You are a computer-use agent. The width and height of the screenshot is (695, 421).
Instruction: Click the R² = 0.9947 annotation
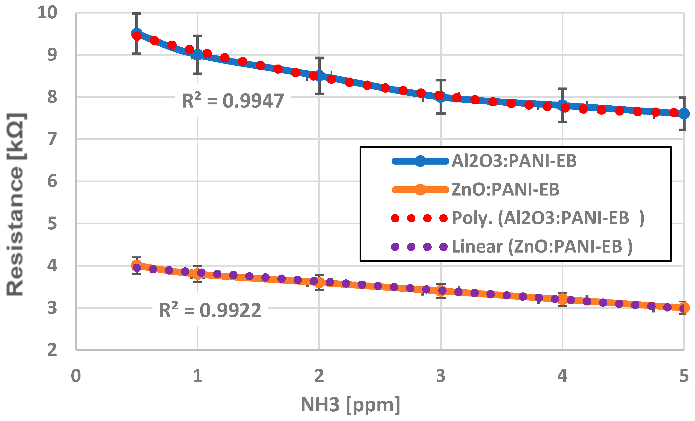click(x=233, y=101)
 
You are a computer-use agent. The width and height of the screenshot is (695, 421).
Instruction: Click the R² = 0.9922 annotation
click(x=210, y=310)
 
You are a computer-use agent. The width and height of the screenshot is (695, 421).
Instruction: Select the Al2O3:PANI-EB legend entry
click(x=514, y=161)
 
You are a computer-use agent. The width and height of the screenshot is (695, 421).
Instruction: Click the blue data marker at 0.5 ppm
click(x=137, y=34)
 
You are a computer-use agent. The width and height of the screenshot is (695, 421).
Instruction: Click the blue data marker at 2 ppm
click(x=319, y=76)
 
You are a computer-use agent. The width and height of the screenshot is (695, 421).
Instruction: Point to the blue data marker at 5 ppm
click(x=684, y=114)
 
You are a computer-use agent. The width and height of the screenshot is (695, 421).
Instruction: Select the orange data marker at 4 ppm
click(x=562, y=299)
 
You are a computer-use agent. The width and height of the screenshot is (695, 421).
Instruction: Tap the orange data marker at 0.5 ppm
click(x=137, y=265)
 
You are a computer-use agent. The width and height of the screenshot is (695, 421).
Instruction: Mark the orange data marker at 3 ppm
click(x=441, y=291)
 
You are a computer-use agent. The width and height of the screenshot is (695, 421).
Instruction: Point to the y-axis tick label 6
click(x=52, y=181)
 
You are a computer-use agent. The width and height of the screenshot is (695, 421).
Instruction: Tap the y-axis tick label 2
click(x=52, y=350)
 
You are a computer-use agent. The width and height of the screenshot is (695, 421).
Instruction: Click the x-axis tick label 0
click(x=76, y=376)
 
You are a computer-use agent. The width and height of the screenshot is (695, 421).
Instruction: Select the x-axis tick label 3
click(x=441, y=376)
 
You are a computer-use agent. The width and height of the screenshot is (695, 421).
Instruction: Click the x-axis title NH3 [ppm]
click(x=350, y=405)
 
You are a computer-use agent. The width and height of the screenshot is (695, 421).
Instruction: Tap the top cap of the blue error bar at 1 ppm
click(x=197, y=36)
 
